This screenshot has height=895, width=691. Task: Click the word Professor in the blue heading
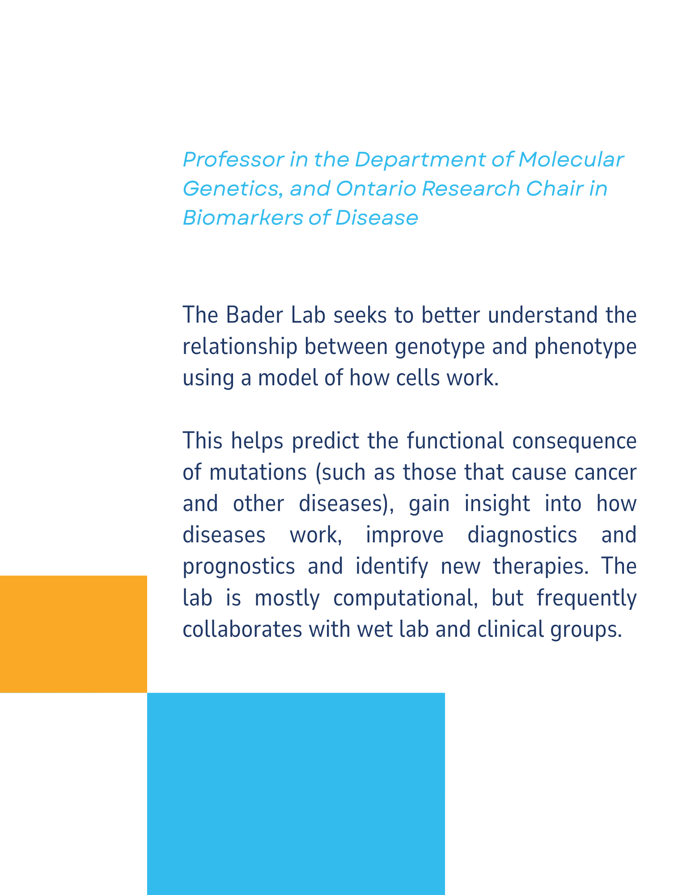233,160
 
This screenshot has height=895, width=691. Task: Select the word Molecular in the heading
571,160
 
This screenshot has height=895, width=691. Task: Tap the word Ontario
376,188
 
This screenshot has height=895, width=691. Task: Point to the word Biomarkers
242,217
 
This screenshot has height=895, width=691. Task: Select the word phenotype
585,347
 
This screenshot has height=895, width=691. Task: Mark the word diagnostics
522,536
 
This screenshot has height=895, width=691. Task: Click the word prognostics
239,567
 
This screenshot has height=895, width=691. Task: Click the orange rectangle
73,634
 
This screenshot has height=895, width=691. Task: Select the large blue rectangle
296,794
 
